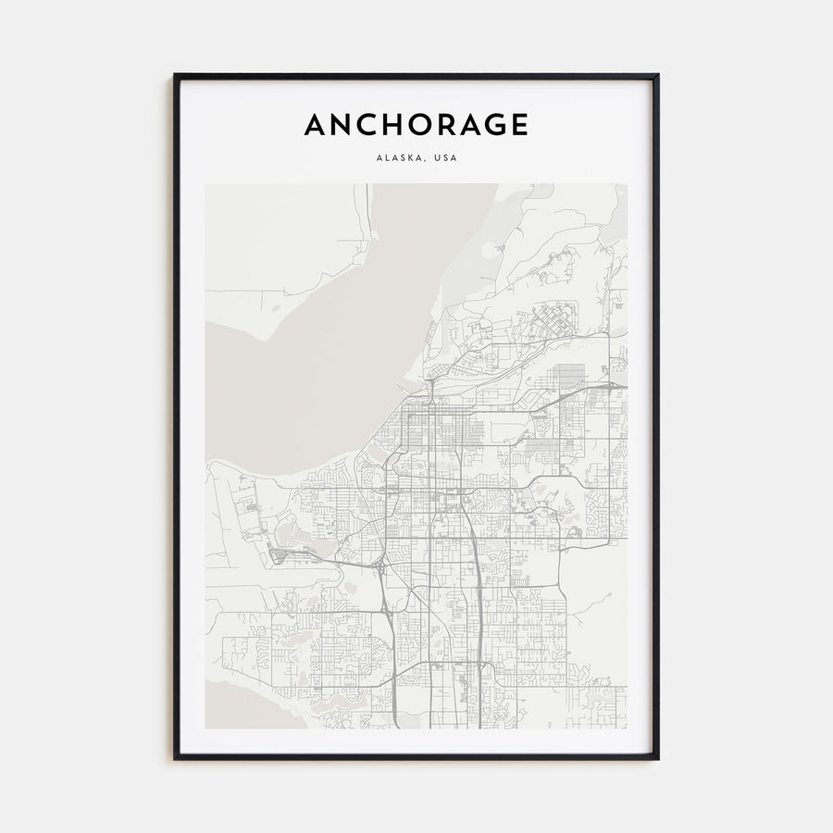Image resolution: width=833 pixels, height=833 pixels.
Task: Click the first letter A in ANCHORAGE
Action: pyautogui.click(x=316, y=124)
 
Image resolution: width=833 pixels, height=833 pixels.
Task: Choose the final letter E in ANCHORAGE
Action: pyautogui.click(x=519, y=124)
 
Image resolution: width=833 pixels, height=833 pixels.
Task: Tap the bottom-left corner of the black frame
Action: pyautogui.click(x=175, y=758)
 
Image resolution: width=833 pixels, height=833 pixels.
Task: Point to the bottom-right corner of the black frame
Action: pyautogui.click(x=657, y=758)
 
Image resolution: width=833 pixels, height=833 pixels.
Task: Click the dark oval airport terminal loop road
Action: pyautogui.click(x=277, y=557)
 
